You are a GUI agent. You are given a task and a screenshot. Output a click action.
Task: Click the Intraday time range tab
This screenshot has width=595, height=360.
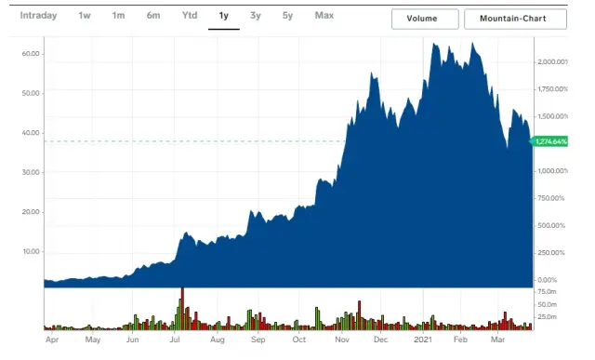[38, 16]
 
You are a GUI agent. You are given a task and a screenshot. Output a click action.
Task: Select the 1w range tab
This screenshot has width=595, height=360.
[85, 16]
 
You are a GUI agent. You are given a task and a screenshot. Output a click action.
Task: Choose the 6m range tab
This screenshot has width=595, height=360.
[152, 16]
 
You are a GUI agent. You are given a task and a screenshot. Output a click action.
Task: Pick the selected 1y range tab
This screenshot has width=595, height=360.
[223, 16]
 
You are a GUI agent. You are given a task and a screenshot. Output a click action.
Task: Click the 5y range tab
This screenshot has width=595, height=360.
[288, 16]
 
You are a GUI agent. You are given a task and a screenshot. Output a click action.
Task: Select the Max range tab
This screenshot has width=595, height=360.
[324, 16]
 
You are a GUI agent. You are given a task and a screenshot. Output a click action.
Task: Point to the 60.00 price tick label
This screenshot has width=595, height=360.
[30, 53]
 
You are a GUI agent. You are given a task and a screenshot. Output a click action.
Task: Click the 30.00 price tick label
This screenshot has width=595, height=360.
[30, 172]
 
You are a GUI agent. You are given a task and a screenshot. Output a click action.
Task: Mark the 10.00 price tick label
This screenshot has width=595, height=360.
[30, 251]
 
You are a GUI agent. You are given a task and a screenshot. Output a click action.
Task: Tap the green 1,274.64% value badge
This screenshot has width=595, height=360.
[551, 141]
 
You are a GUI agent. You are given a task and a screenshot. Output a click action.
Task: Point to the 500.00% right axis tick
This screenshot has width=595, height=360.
[552, 225]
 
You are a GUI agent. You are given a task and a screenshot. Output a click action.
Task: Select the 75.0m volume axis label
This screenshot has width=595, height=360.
[547, 291]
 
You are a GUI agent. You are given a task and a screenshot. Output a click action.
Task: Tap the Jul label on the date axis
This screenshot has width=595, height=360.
[176, 340]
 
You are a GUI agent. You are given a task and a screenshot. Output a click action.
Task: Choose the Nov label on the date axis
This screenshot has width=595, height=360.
[342, 340]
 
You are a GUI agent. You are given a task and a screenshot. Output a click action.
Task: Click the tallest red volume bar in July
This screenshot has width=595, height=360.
[182, 308]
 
